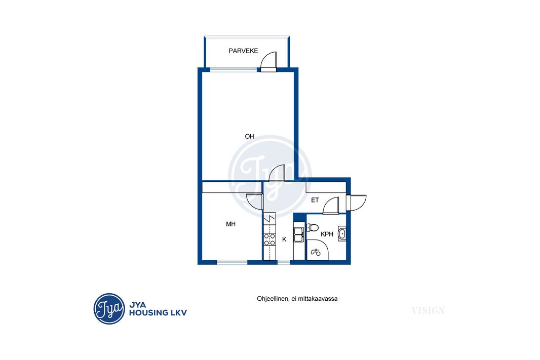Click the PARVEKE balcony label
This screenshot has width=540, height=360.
(x=243, y=51)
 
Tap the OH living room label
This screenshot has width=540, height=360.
(x=249, y=137)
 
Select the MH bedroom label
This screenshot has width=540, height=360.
(x=230, y=224)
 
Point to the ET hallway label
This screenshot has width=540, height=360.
(x=315, y=200)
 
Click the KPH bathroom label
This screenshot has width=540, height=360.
(x=327, y=234)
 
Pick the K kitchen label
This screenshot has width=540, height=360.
(x=284, y=239)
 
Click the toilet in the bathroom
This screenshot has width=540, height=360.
(x=313, y=227)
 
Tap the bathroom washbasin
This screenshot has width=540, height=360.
(x=342, y=234)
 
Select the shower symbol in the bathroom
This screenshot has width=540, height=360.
(x=316, y=253)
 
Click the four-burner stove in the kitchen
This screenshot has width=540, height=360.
(x=269, y=239)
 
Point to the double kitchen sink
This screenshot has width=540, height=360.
(x=298, y=234)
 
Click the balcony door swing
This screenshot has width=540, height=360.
(x=268, y=62)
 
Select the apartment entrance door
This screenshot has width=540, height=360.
(x=356, y=202)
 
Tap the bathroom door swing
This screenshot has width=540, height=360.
(x=331, y=205)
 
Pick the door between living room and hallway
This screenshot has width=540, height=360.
(x=277, y=173)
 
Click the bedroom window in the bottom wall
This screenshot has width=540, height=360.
(x=232, y=262)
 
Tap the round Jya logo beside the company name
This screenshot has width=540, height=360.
(x=109, y=309)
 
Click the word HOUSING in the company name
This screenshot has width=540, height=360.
(x=146, y=313)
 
